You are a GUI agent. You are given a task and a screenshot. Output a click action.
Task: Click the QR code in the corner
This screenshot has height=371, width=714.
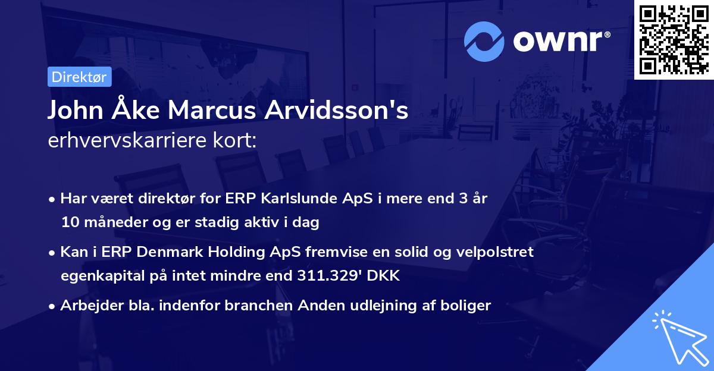pyautogui.click(x=674, y=39)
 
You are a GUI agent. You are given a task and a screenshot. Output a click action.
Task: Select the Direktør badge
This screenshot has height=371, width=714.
pyautogui.click(x=79, y=77)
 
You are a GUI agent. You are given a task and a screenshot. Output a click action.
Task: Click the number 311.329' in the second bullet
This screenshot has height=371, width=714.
pyautogui.click(x=329, y=276)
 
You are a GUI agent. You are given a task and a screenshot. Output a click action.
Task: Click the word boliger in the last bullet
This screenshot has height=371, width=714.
pyautogui.click(x=467, y=306)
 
